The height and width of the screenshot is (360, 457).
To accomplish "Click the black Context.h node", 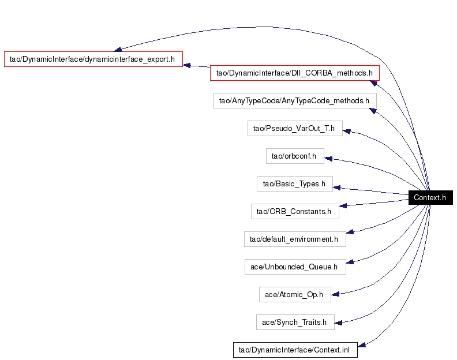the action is (x=430, y=198).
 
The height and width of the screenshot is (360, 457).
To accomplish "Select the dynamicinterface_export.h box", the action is (x=93, y=59).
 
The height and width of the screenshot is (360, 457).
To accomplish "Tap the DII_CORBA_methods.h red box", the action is (x=295, y=73).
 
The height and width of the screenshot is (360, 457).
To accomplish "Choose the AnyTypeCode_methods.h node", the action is (x=295, y=100).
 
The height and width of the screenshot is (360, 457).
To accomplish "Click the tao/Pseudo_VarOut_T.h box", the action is (x=295, y=128).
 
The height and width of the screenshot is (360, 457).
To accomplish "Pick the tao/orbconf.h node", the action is (x=295, y=156).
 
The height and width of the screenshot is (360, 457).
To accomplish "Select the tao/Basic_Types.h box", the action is (x=295, y=183).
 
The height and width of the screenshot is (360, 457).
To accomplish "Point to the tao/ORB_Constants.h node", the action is (x=295, y=211).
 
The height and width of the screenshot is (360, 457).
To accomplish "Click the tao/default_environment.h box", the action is (x=295, y=239).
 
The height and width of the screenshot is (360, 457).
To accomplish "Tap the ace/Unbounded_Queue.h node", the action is (x=295, y=267).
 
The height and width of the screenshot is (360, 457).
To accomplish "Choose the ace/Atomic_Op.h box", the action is (x=295, y=294).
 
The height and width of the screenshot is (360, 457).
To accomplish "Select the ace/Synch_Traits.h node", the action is (x=295, y=322).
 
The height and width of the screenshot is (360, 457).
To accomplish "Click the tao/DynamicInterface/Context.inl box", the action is (x=295, y=350).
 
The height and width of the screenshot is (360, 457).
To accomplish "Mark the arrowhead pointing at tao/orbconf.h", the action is (x=328, y=159).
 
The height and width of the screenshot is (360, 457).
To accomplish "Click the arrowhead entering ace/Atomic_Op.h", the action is (x=335, y=294).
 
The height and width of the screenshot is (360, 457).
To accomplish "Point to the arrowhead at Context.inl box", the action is (x=362, y=345).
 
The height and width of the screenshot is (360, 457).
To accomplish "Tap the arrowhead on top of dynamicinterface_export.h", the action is (x=118, y=49).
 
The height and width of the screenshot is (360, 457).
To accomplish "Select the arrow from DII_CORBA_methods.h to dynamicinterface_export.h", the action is (x=196, y=66).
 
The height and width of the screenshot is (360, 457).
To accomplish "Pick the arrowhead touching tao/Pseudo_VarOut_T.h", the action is (x=347, y=132).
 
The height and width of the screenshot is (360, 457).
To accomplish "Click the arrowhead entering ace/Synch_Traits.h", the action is (x=338, y=322).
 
